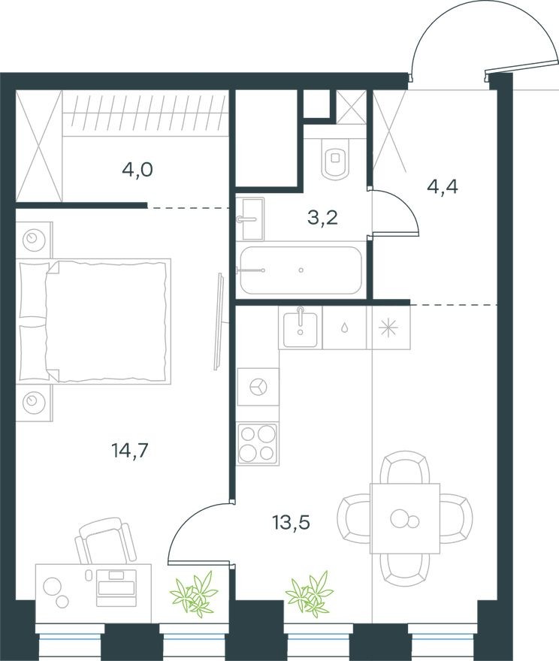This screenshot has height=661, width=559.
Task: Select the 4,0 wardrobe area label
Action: pos(137,170)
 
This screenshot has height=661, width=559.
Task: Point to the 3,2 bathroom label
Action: pos(322,219)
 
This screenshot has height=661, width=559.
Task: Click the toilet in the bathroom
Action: pos(335,158)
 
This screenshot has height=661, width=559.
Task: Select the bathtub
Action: pos(300,270)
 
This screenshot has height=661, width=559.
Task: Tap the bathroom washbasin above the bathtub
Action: pos(251,219)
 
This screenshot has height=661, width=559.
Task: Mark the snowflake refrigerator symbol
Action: pos(390,327)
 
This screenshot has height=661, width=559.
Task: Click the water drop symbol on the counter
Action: pos(345,327)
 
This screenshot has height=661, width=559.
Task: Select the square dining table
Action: pos(404,518)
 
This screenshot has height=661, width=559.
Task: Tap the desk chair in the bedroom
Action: pos(101,542)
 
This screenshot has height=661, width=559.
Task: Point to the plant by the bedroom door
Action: pos(195,593)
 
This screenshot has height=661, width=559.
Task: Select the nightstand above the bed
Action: pos(34,240)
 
